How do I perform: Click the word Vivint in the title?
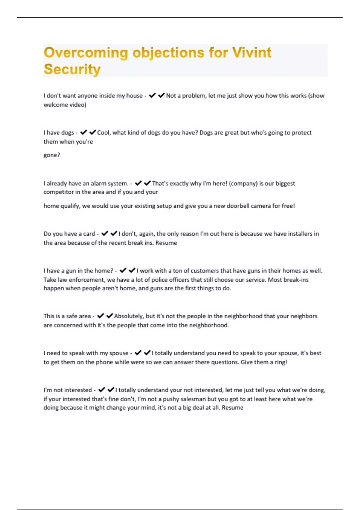coord(252,52)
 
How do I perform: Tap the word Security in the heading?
coord(72,69)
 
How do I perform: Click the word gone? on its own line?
coord(52,155)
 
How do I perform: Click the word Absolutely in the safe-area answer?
coord(128,316)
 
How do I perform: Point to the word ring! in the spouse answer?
coord(280,362)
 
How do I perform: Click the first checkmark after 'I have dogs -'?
coord(84,132)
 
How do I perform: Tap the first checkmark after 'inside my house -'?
coord(152,95)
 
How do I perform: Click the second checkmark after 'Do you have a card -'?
coord(114,233)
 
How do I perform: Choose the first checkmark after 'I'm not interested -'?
coord(102,390)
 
